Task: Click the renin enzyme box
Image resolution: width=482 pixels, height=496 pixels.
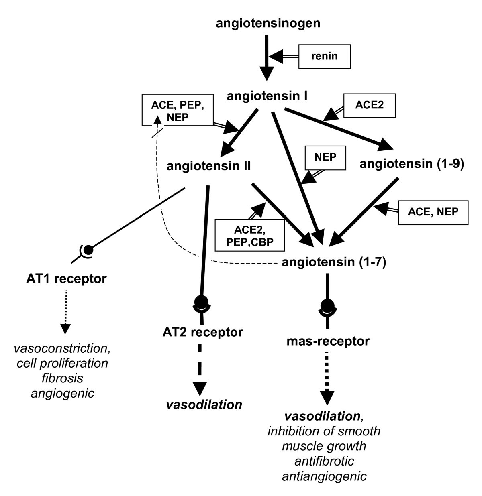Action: (325, 56)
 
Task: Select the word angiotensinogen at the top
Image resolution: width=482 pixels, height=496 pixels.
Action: (268, 23)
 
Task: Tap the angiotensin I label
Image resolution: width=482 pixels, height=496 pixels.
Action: (267, 96)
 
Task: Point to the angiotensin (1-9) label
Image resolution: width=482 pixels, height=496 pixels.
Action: (412, 164)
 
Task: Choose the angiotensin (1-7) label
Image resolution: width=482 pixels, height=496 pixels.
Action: (334, 262)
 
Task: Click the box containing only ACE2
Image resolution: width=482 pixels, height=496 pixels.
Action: (370, 106)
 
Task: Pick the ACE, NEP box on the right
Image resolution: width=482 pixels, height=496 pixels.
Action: (433, 212)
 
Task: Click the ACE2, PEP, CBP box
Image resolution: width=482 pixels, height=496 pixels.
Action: (249, 234)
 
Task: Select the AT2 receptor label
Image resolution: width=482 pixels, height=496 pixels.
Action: (202, 332)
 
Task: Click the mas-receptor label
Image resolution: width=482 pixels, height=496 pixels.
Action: (328, 342)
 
